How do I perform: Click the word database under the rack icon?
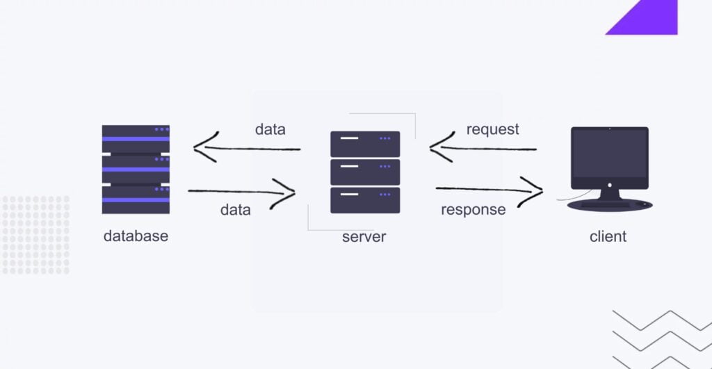tap(136, 236)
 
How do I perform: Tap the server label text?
tap(364, 237)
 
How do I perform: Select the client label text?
tap(608, 237)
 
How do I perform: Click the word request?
tap(492, 129)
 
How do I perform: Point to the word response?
tap(473, 209)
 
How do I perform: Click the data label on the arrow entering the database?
tap(270, 129)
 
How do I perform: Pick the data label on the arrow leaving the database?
tap(235, 209)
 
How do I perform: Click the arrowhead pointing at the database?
tap(202, 147)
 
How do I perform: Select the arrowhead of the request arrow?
tap(438, 147)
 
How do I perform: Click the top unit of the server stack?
tap(365, 144)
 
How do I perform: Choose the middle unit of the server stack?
tap(365, 172)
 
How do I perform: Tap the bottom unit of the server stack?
tap(365, 200)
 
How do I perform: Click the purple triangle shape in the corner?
tap(650, 19)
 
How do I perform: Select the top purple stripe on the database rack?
tap(136, 138)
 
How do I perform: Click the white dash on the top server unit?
tap(349, 138)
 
